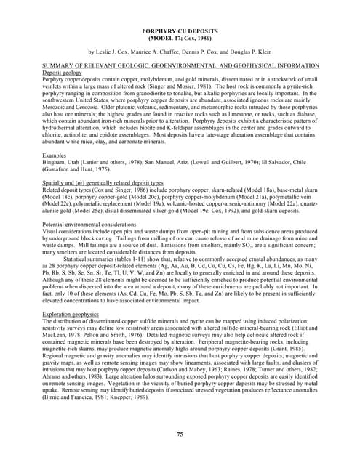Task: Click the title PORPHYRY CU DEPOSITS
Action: (x=180, y=31)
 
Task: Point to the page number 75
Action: (x=180, y=434)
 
